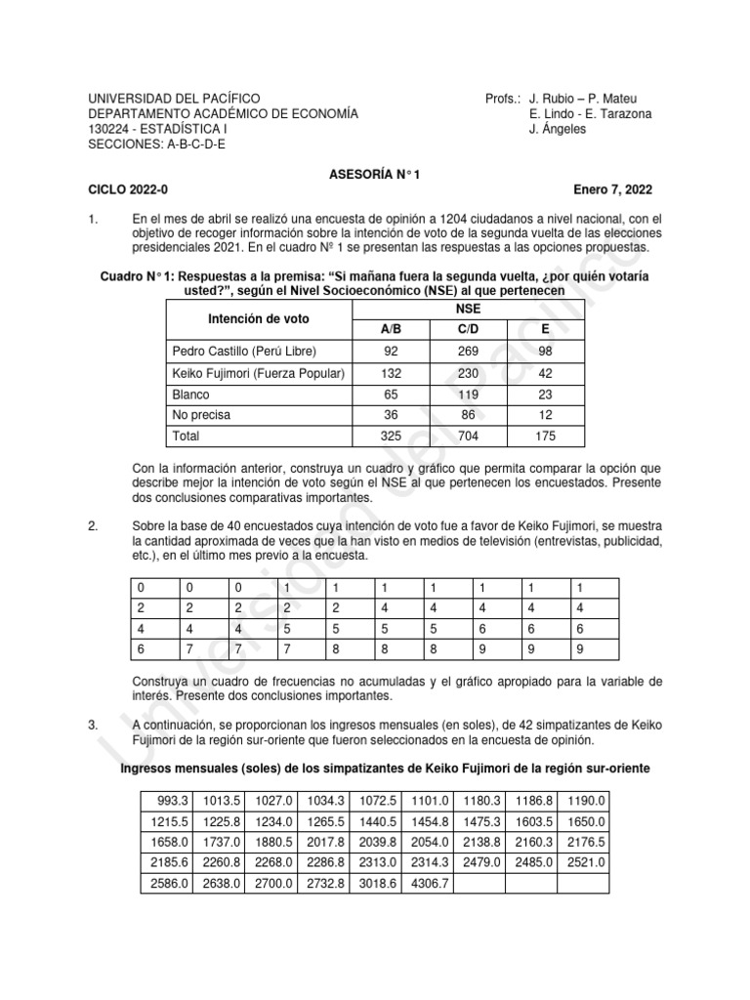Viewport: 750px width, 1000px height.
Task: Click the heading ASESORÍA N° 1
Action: pyautogui.click(x=374, y=174)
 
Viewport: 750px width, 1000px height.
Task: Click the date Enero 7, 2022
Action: pyautogui.click(x=613, y=189)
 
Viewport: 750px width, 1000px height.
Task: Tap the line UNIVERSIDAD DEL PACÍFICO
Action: pyautogui.click(x=175, y=99)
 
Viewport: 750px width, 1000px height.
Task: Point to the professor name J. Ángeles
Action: pyautogui.click(x=558, y=130)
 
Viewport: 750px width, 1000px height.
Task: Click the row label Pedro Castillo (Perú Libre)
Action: pyautogui.click(x=245, y=351)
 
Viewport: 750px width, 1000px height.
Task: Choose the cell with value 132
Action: pyautogui.click(x=391, y=372)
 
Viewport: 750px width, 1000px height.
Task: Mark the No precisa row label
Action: pyautogui.click(x=201, y=415)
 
